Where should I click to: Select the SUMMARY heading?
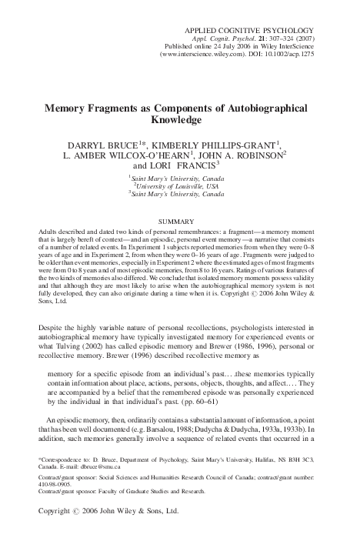click(x=179, y=222)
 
